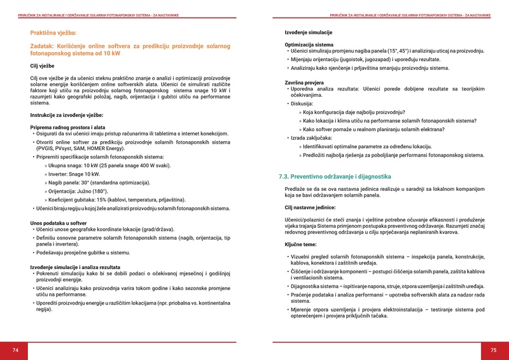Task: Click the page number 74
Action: tap(15, 350)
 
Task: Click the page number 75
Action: tap(493, 350)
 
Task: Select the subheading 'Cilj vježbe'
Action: tap(43, 66)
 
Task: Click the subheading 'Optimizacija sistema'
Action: tap(309, 45)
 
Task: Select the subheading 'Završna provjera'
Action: tap(305, 83)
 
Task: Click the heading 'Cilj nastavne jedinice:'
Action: tap(310, 207)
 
